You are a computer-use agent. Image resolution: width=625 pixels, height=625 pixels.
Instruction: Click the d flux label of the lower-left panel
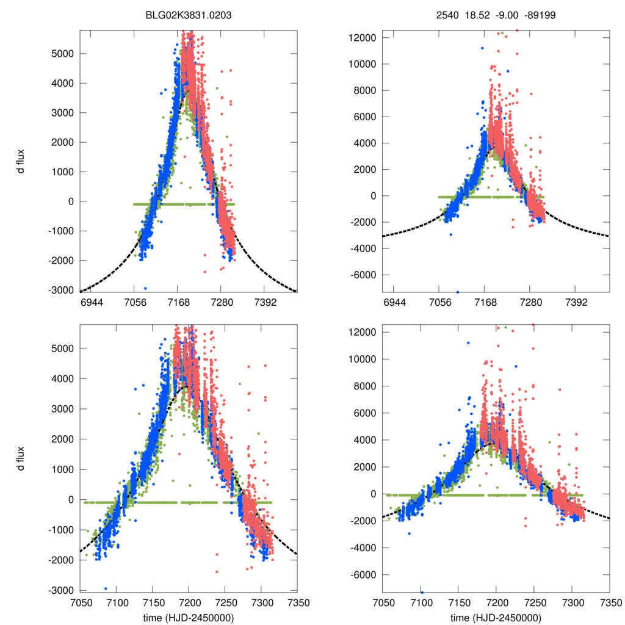pos(21,458)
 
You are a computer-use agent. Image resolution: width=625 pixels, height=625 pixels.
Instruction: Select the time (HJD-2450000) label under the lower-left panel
pos(188,618)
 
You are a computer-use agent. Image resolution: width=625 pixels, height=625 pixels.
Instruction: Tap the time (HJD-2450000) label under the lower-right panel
pos(496,618)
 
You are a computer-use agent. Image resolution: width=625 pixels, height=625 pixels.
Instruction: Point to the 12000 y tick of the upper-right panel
pos(360,38)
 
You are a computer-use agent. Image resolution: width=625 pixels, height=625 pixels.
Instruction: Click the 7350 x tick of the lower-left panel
pos(297,602)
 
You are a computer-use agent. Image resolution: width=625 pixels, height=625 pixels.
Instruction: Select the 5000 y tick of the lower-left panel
pos(63,349)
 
